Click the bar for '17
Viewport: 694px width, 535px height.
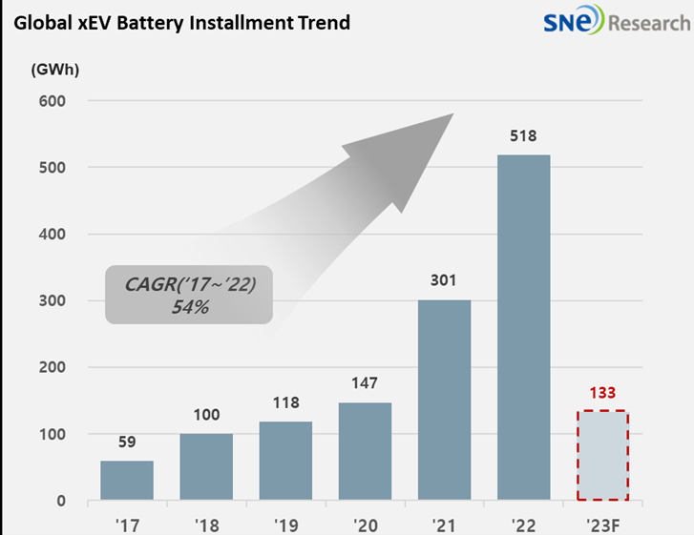(x=127, y=481)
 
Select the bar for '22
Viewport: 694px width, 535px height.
(x=524, y=327)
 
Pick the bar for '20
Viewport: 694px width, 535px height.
(x=365, y=451)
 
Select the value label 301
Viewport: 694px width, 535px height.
(x=445, y=280)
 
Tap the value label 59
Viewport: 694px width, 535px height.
(x=127, y=442)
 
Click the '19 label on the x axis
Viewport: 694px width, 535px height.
(x=285, y=523)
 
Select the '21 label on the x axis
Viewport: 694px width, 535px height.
(x=445, y=523)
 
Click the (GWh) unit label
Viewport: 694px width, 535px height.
(x=54, y=69)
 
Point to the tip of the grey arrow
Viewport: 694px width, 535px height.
(x=452, y=115)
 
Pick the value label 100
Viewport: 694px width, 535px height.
(x=206, y=415)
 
